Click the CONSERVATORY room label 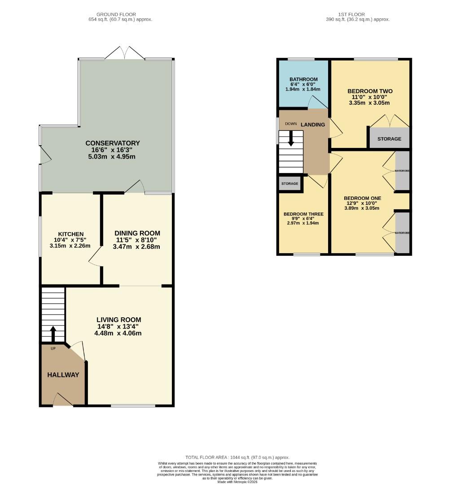[113, 143]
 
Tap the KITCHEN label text [70, 234]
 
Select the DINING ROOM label [137, 233]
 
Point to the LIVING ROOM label [119, 320]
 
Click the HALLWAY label [63, 375]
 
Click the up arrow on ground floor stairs [53, 333]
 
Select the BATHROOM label [303, 79]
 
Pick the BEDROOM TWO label [370, 91]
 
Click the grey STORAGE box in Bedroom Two [389, 138]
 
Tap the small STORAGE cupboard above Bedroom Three [290, 184]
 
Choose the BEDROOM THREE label [303, 214]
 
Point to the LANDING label [312, 124]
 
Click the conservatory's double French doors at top [125, 53]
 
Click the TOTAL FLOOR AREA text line [238, 457]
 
